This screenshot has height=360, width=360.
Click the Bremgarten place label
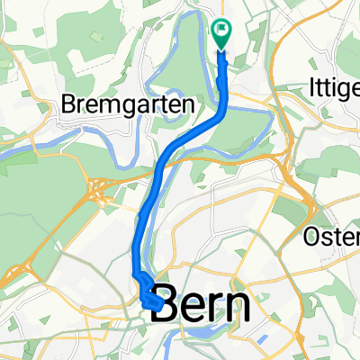pos(127,104)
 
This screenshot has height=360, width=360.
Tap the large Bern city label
pos(202,309)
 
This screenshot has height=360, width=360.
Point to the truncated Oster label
pos(331,238)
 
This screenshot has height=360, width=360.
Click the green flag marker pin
pos(221,34)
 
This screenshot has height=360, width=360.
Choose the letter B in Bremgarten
pos(69,104)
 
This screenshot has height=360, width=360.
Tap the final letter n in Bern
pos(237,309)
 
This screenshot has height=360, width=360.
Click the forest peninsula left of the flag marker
pos(193,54)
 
